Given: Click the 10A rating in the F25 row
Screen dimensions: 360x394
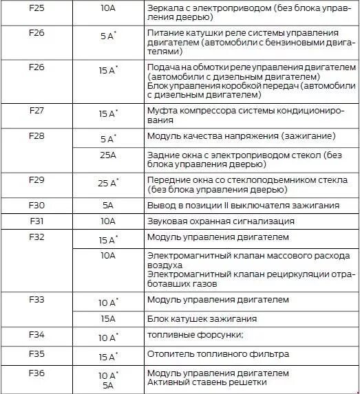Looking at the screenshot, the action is point(108,9).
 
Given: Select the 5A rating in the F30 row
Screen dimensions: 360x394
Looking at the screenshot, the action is point(108,205).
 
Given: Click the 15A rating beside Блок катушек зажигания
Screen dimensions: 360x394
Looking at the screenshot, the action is point(108,319).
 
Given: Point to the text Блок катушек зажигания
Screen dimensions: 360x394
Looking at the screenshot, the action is point(202,319).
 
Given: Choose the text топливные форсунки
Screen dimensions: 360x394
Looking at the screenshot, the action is point(195,336).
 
